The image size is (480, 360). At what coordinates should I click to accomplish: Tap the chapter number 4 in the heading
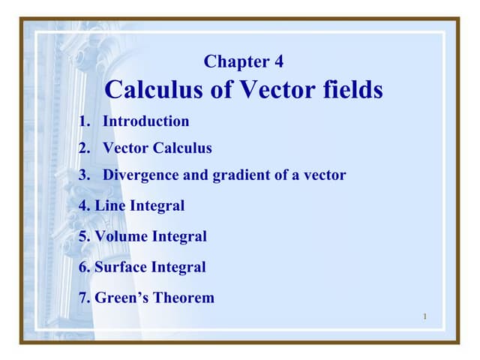[279, 61]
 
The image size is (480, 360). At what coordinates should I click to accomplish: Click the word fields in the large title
[349, 90]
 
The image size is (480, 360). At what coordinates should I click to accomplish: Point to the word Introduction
[145, 121]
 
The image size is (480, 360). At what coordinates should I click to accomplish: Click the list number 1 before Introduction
[83, 121]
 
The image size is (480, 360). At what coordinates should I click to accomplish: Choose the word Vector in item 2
[125, 148]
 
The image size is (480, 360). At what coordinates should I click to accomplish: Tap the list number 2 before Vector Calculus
[83, 148]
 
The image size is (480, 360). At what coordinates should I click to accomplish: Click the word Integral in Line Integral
[154, 205]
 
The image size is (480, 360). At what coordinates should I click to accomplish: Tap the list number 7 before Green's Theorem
[83, 298]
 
